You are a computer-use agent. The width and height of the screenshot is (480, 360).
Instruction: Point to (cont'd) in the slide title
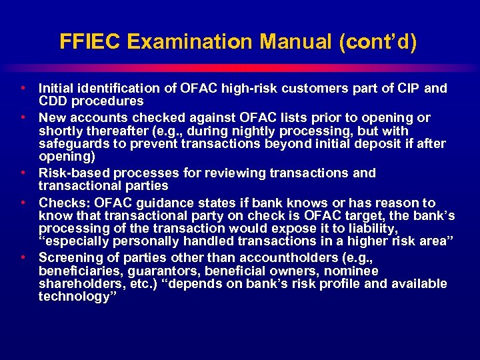click(377, 42)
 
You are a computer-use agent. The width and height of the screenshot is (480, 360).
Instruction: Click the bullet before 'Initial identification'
click(24, 88)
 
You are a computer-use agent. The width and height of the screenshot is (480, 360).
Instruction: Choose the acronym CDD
click(54, 101)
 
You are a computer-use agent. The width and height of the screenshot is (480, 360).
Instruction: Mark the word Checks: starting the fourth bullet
click(63, 203)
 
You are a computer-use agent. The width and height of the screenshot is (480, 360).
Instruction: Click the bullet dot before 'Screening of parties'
click(24, 257)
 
